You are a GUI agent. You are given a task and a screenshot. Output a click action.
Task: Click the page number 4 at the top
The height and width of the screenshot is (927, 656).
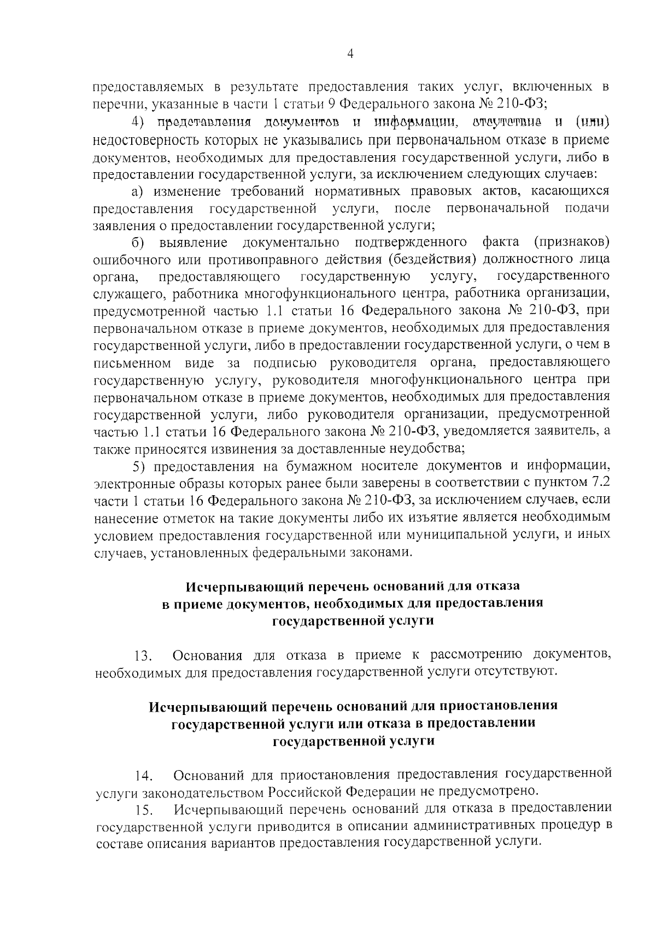350,53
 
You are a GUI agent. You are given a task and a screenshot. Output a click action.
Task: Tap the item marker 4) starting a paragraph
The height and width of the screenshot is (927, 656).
139,124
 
